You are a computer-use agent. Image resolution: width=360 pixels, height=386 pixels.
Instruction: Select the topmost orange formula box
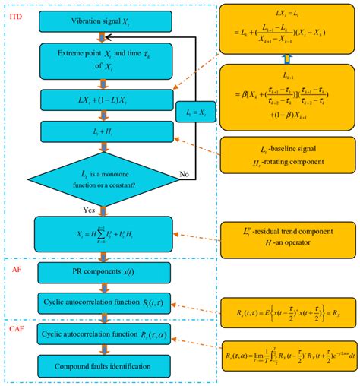point(286,27)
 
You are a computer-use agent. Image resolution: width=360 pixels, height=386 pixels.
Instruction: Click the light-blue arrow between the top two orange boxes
point(286,59)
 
